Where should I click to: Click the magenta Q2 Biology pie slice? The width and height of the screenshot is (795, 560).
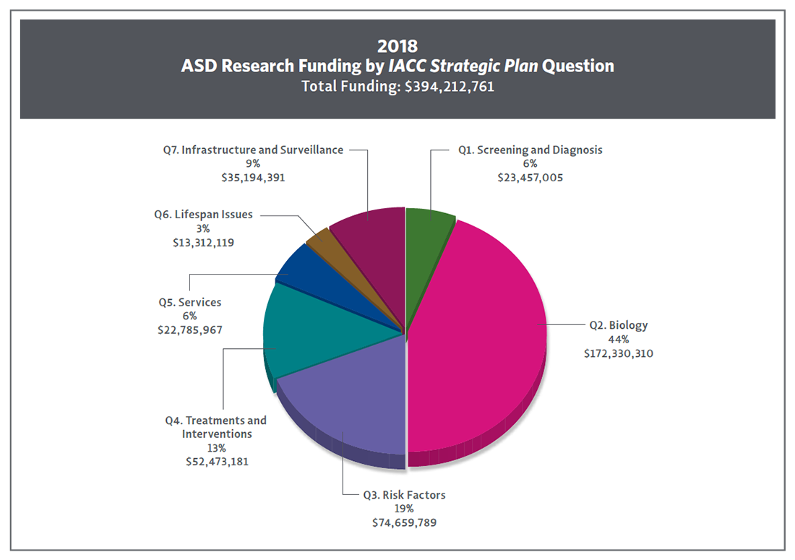pyautogui.click(x=477, y=332)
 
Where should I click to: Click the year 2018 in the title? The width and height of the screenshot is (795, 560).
pyautogui.click(x=397, y=46)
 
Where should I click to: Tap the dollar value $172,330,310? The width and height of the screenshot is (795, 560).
pyautogui.click(x=619, y=354)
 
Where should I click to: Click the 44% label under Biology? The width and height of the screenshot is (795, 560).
pyautogui.click(x=618, y=340)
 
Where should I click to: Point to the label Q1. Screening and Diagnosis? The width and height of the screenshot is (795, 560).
pyautogui.click(x=530, y=150)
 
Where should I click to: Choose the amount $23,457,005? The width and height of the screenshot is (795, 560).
pyautogui.click(x=530, y=178)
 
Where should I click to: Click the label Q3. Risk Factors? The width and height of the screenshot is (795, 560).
pyautogui.click(x=404, y=495)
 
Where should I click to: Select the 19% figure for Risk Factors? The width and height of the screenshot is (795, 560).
pyautogui.click(x=404, y=509)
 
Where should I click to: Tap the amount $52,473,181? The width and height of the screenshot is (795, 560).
pyautogui.click(x=217, y=462)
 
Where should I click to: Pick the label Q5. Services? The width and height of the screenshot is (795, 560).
pyautogui.click(x=190, y=302)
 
